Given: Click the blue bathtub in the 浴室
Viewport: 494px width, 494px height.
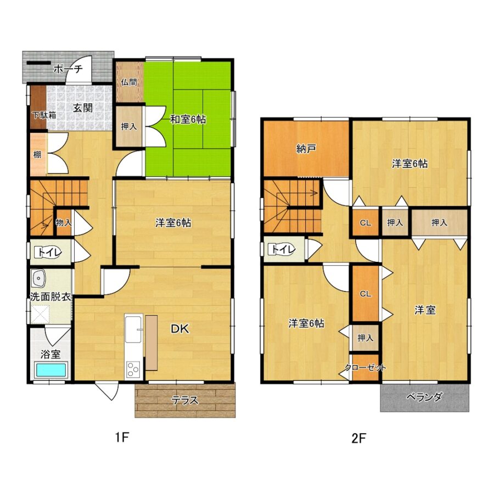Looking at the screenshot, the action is pos(50,370).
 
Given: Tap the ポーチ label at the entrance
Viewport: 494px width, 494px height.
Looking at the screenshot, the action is pos(68,69).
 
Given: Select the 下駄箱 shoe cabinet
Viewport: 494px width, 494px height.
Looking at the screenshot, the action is pos(38,108).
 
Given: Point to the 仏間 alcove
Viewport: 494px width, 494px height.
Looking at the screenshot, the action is pos(130,82).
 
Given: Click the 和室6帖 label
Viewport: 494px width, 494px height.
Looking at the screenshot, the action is pos(188,120).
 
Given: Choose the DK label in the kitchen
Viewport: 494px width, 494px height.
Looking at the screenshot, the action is pos(179,329).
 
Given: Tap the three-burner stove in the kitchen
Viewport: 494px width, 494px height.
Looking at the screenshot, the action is pos(133,369).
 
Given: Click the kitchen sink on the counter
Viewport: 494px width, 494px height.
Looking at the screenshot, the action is pos(133,329).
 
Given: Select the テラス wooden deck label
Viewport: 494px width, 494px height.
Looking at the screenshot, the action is pos(184,400).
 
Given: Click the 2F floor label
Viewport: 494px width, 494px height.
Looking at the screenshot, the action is pos(359,438).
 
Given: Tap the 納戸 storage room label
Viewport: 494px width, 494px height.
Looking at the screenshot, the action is pos(306,148).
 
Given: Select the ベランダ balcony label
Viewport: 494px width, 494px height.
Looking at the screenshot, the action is pos(424,397).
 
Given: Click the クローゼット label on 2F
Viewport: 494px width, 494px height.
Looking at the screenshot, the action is pos(365,367).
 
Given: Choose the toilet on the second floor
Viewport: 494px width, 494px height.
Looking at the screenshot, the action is pos(283,250).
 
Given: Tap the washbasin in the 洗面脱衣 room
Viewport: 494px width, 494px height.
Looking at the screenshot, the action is pos(39,278).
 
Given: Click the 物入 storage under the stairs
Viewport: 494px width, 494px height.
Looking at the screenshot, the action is pos(64,222).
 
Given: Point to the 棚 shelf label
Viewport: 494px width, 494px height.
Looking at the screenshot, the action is pos(37,155).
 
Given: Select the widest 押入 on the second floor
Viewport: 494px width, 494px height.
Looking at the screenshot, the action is pos(439,222).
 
